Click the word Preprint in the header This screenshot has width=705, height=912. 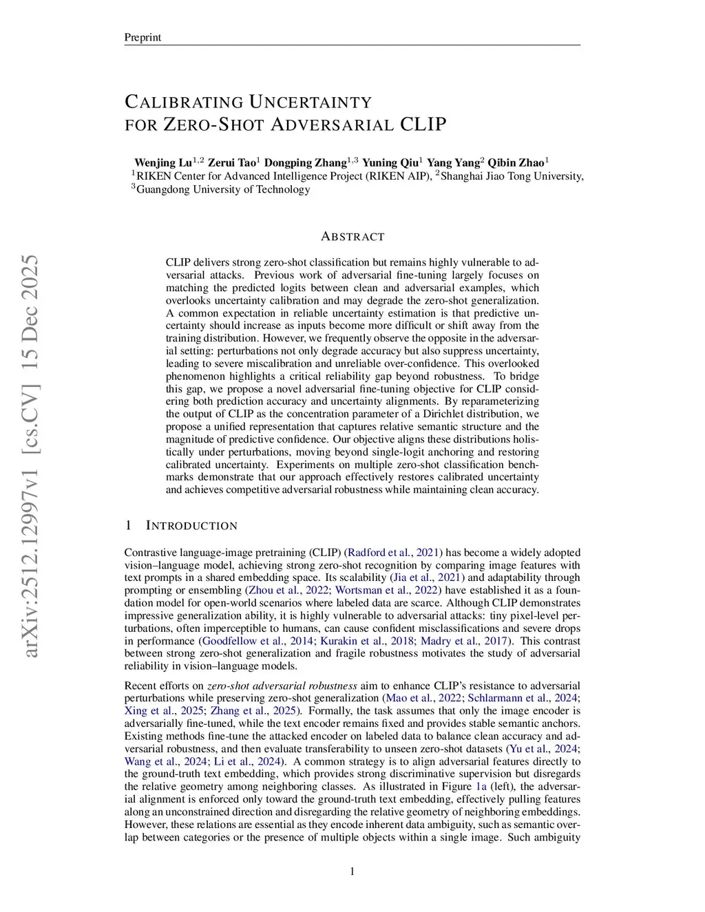coord(143,37)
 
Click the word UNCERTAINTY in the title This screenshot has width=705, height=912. coord(310,103)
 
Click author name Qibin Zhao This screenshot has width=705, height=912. coord(516,163)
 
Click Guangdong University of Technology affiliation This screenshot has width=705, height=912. coord(223,189)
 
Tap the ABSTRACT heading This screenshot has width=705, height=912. coord(352,237)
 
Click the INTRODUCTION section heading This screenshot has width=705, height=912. coord(191,526)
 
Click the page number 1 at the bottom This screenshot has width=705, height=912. coord(352,871)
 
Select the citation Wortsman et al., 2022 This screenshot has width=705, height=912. coord(387,591)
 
